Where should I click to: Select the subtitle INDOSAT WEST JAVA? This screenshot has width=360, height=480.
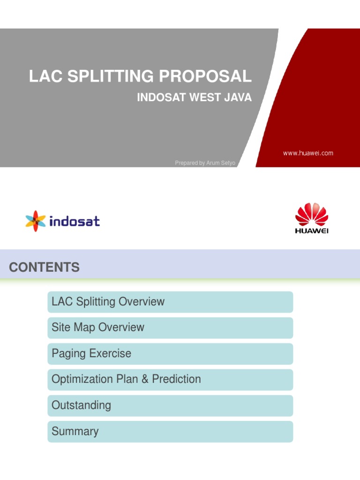[194, 97]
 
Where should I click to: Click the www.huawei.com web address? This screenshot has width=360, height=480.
[308, 153]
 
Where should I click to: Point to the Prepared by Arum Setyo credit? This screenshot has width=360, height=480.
[205, 163]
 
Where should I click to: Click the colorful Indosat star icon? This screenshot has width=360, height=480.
[36, 220]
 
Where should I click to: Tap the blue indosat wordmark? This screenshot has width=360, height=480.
[75, 221]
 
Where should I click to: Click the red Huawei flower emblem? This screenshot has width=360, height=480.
[312, 215]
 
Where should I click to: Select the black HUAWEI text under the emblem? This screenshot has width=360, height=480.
[312, 231]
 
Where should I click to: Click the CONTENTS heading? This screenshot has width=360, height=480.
[45, 268]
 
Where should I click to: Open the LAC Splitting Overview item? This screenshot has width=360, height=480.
[108, 302]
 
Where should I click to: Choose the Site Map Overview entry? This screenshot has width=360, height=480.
[98, 328]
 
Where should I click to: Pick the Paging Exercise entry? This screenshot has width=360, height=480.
[91, 353]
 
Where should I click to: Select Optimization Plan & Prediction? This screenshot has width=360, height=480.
[126, 379]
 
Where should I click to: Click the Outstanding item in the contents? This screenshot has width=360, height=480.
[82, 405]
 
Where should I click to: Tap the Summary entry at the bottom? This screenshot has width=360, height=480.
[75, 431]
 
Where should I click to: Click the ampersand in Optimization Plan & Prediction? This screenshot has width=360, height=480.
[145, 379]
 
